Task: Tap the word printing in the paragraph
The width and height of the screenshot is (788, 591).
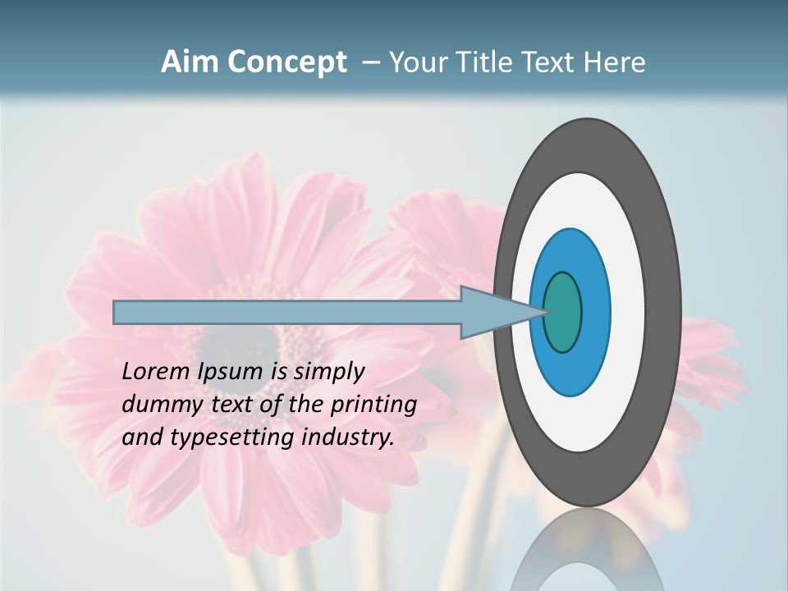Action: click(373, 405)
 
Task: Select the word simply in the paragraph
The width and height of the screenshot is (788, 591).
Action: click(328, 372)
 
